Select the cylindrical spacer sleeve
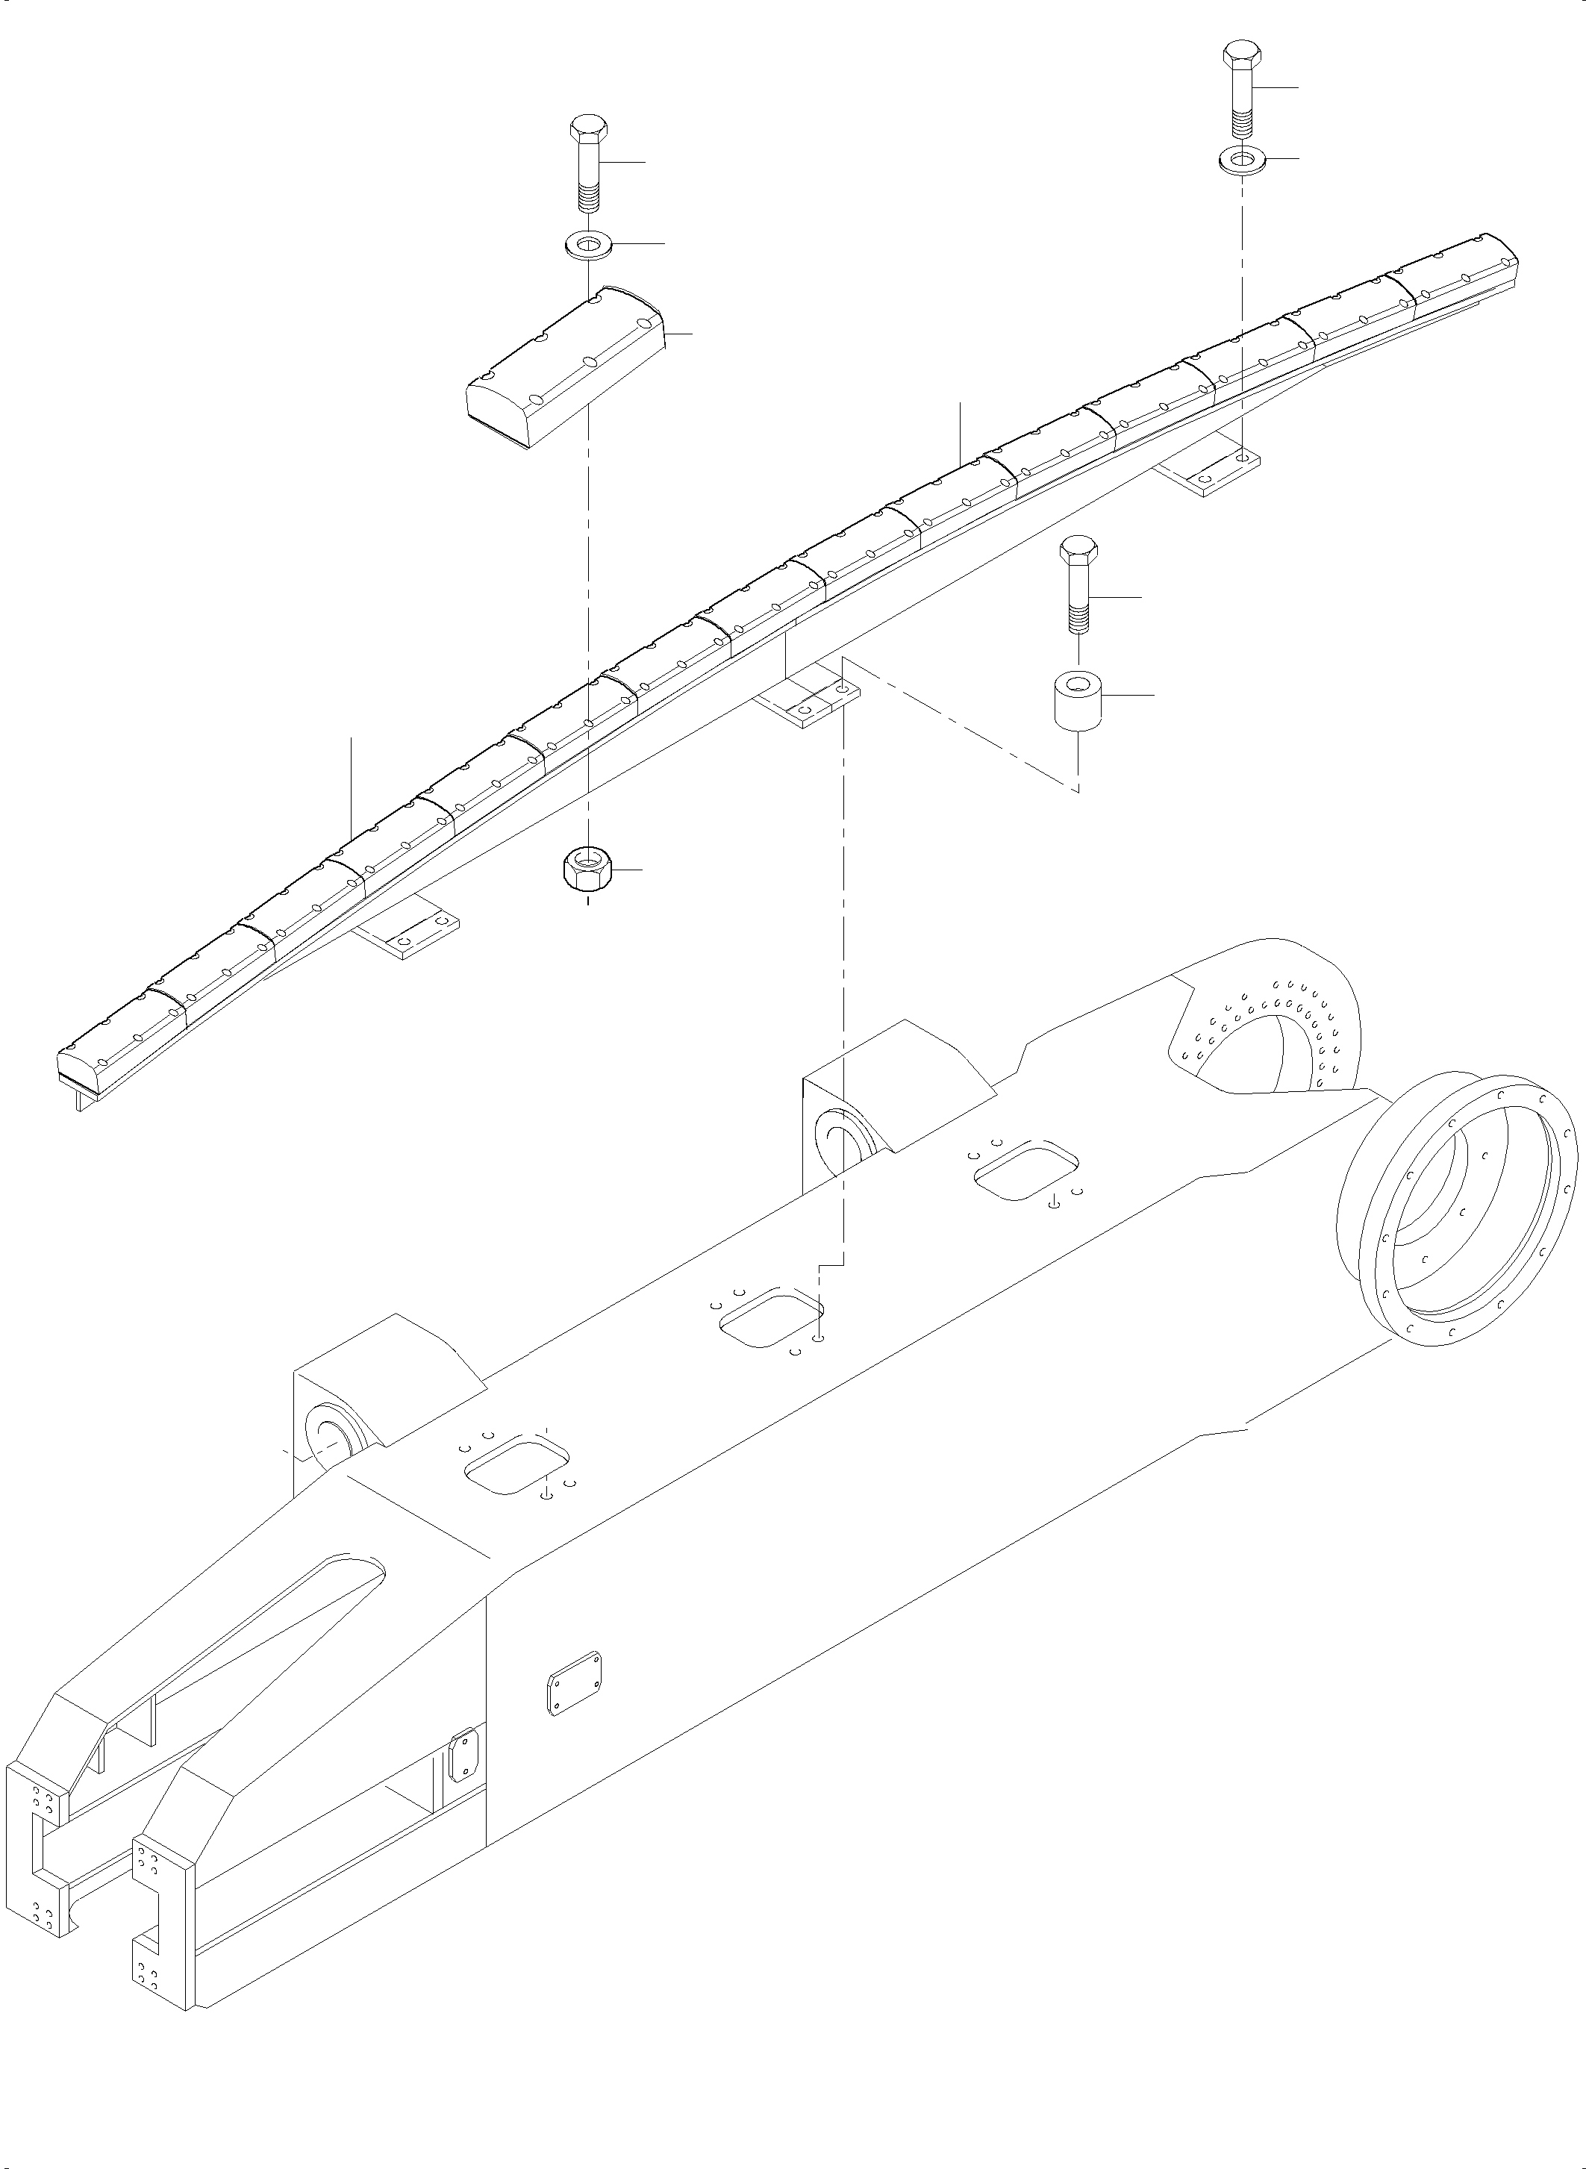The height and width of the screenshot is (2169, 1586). click(1076, 703)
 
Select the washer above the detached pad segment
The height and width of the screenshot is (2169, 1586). click(587, 245)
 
